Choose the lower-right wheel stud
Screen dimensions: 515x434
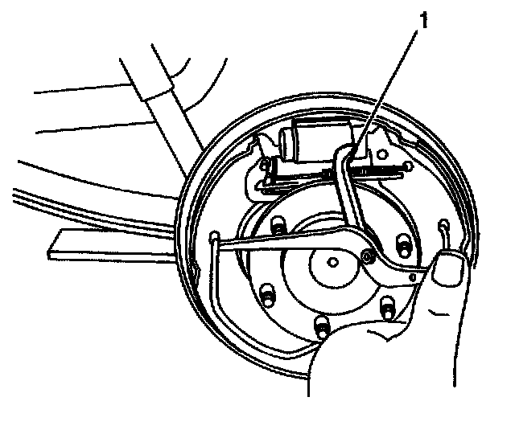387,305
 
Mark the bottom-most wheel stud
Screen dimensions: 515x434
321,325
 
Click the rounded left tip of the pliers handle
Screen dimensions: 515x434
216,236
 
